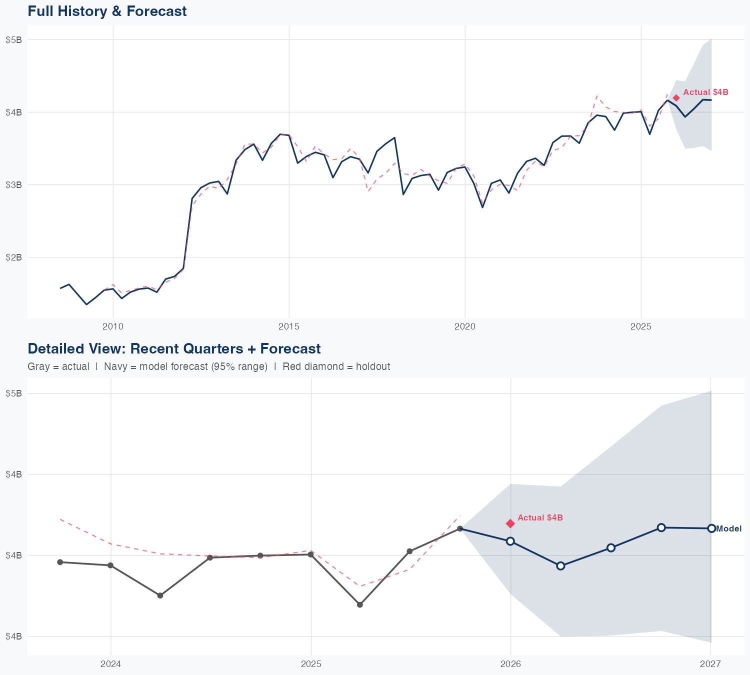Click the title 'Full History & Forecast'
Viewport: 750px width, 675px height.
107,11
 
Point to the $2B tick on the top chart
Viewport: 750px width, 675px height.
13,257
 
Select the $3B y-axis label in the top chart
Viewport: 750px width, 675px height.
13,184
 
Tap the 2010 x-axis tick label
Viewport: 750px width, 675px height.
113,326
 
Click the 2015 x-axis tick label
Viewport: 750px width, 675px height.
289,326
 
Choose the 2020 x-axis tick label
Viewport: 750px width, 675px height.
465,326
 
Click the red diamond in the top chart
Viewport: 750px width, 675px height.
676,98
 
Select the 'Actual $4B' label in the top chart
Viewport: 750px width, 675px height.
705,92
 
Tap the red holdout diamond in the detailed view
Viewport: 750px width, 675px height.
510,523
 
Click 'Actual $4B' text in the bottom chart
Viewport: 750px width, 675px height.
540,517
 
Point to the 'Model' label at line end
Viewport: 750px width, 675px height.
729,528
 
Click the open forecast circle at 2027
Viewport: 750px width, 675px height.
711,528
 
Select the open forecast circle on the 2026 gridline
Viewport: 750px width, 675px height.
510,541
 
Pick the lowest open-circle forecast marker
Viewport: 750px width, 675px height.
560,565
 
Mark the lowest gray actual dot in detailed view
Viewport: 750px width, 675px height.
359,604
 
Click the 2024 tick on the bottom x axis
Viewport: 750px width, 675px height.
110,664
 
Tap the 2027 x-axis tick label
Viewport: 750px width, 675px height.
710,664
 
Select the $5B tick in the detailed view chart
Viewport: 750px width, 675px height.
13,393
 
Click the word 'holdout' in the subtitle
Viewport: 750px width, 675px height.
374,366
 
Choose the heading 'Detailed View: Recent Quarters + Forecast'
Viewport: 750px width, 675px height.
174,348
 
